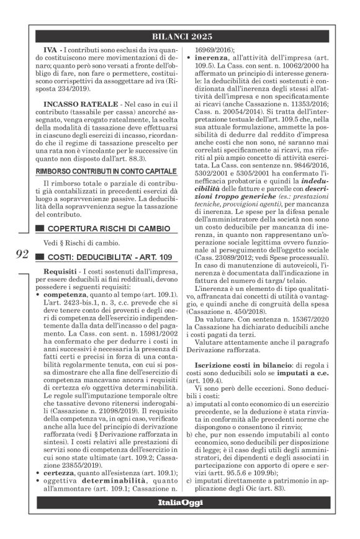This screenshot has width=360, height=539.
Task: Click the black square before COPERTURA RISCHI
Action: tap(40, 229)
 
